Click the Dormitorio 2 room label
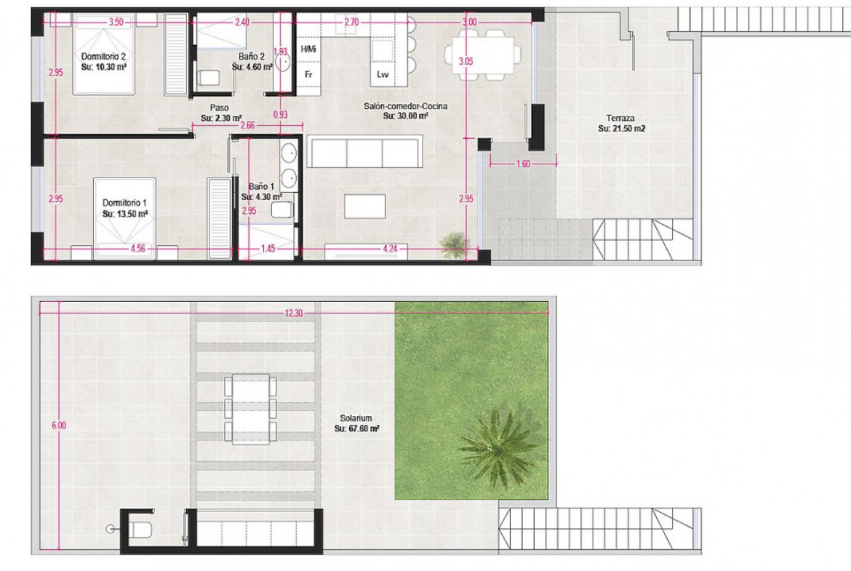tap(103, 57)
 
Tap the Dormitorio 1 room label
tap(124, 203)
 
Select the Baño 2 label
tap(252, 57)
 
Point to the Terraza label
tap(620, 118)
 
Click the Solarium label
tap(356, 418)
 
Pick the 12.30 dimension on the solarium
tap(294, 314)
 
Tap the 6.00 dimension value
tap(59, 426)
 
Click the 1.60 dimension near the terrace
tap(523, 164)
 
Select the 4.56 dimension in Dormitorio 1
tap(138, 249)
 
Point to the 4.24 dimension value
tap(390, 249)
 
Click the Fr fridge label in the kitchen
tap(308, 74)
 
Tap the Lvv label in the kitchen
tap(383, 74)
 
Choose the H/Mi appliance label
tap(308, 49)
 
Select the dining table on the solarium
tap(251, 409)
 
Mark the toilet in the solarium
tap(140, 528)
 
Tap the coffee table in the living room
tap(364, 207)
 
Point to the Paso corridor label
tap(219, 108)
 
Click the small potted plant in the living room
tap(454, 245)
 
